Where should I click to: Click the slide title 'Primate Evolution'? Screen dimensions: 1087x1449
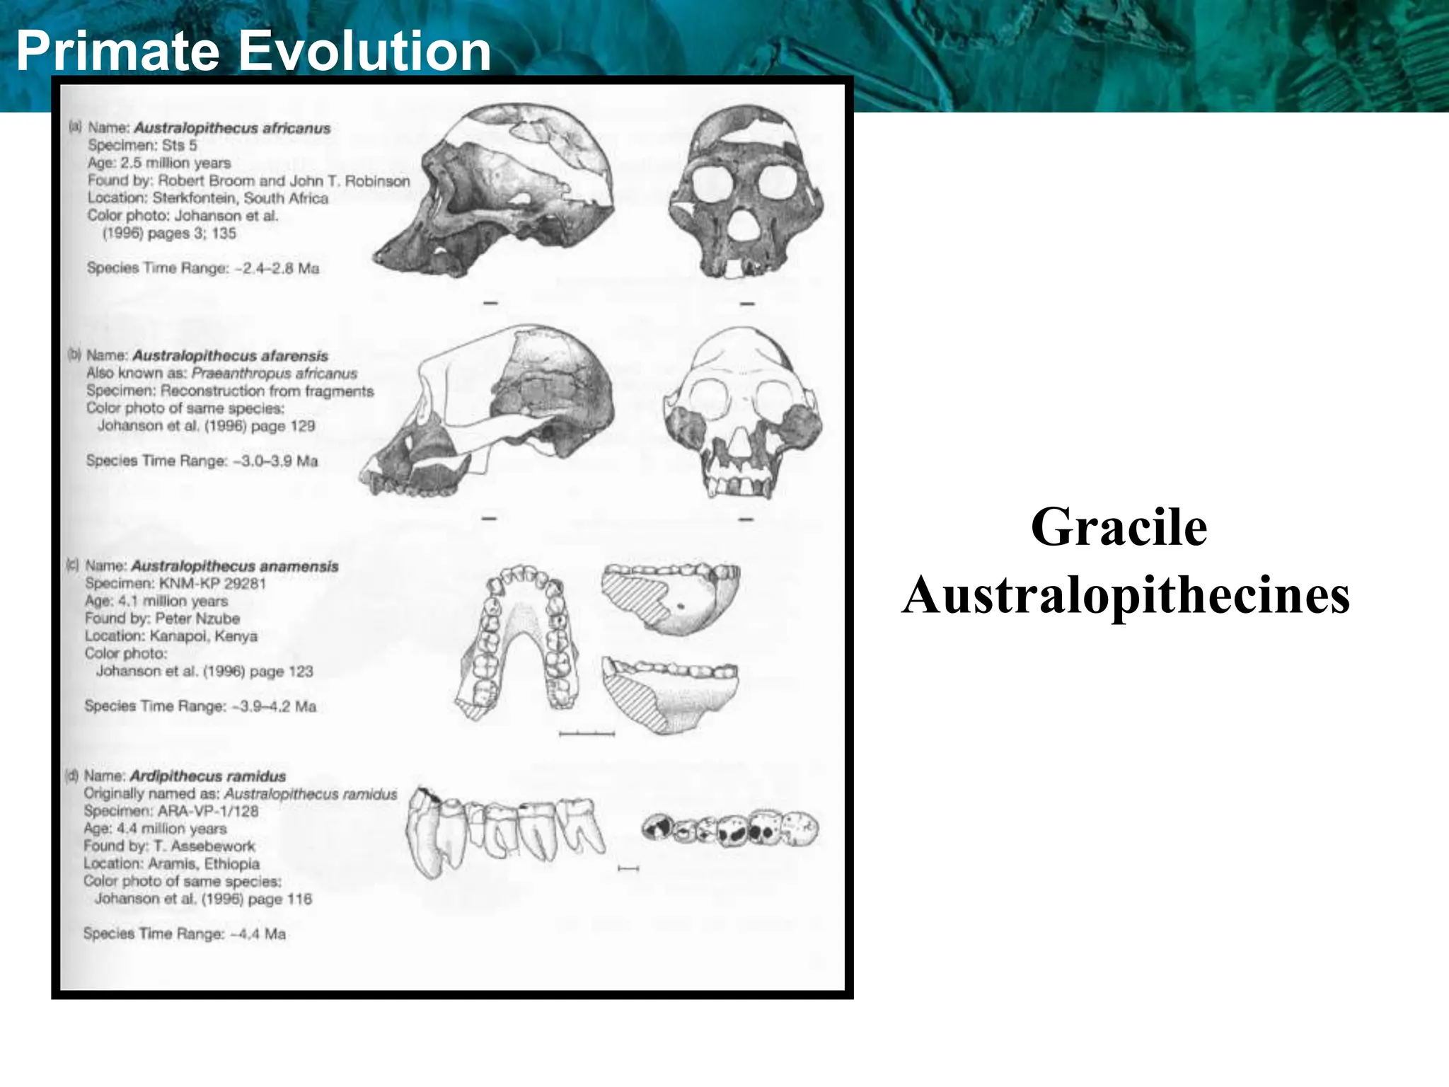coord(253,51)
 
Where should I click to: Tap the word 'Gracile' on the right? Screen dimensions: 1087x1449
coord(1119,527)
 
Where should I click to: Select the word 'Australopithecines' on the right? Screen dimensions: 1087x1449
coord(1125,595)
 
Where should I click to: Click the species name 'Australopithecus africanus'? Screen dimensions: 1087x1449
coord(232,128)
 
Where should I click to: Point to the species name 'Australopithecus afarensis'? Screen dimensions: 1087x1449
coord(231,355)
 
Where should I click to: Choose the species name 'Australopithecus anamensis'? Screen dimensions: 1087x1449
coord(235,566)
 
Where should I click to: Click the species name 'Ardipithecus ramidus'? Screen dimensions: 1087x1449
coord(208,776)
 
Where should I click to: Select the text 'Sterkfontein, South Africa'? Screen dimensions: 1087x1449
coord(241,198)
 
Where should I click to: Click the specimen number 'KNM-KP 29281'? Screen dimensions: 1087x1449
coord(212,584)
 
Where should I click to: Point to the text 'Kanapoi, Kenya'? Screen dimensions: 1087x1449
coord(204,636)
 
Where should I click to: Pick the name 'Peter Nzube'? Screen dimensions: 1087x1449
coord(197,619)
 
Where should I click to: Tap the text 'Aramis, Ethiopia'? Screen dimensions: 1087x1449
coord(204,864)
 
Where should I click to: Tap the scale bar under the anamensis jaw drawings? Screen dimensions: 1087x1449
coord(587,734)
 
